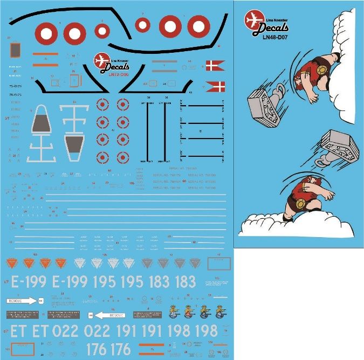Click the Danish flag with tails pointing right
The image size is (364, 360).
(x=215, y=66)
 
